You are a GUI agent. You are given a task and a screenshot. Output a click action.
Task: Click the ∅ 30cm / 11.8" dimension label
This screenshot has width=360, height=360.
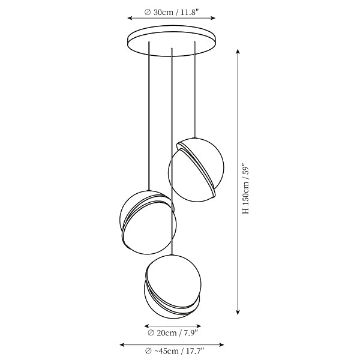171,12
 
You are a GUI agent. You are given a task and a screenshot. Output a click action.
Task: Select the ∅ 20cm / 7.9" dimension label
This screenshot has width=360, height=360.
173,332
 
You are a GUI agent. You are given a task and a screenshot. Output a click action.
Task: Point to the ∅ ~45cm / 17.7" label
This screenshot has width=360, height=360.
175,351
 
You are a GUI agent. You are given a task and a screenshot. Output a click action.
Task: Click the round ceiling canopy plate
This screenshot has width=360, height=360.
172,40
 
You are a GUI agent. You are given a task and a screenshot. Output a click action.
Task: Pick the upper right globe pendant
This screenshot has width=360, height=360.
196,170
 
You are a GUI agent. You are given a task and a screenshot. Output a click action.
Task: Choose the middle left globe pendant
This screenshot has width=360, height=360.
148,222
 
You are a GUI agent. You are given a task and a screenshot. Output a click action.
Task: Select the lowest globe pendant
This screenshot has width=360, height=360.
173,287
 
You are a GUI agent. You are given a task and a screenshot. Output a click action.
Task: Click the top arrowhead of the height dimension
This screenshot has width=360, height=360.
238,51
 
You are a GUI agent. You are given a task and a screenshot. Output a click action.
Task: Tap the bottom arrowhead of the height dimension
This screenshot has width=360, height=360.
238,312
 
